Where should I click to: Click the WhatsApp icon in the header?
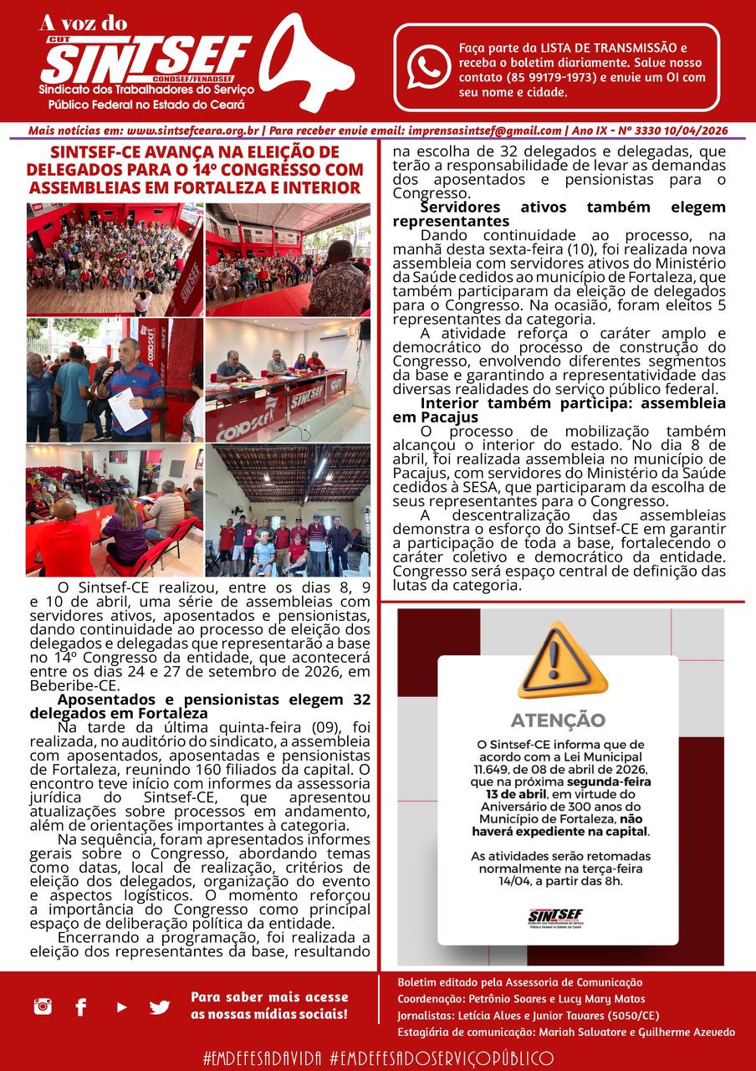(428, 68)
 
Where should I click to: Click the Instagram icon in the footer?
(43, 1007)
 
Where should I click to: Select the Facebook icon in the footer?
(81, 1007)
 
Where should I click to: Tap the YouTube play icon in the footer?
(121, 1007)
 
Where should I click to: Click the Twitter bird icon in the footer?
(160, 1007)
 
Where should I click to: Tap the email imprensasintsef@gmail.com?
(484, 131)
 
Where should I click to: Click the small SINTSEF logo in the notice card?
(555, 917)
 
